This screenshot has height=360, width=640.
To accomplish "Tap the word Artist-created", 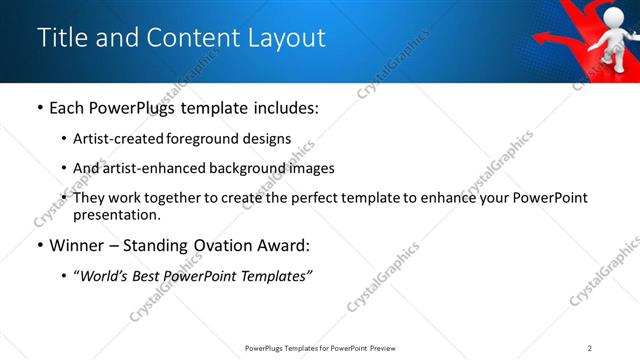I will click(x=116, y=139).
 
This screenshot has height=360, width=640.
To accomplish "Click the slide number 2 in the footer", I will click(x=590, y=348).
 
